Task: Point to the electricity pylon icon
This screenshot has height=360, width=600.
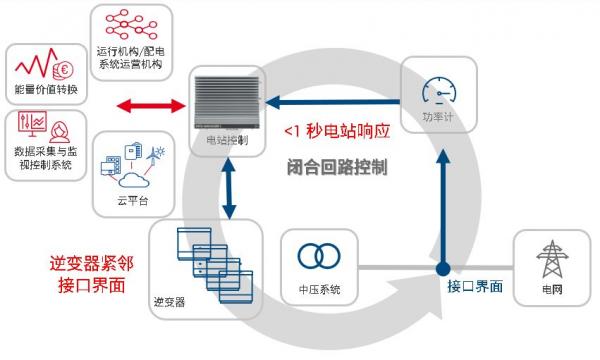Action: (550, 261)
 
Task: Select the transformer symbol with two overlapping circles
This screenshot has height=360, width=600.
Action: (318, 255)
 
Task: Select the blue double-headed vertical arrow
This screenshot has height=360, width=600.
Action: (229, 189)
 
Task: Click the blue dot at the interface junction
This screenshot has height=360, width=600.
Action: (440, 268)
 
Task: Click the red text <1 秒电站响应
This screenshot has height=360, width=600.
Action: (335, 131)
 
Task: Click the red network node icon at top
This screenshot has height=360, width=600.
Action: (131, 26)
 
